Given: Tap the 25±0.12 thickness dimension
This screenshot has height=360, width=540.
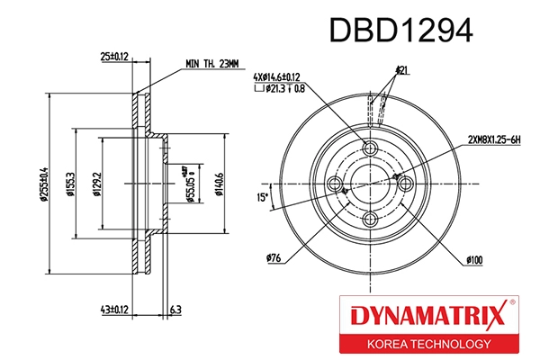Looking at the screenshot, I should click(x=114, y=56).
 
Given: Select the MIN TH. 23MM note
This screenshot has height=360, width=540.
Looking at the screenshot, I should click(x=211, y=64).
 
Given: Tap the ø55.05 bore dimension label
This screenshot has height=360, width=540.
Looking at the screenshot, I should click(x=190, y=184).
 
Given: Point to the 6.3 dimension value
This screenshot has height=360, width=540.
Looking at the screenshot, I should click(x=175, y=309).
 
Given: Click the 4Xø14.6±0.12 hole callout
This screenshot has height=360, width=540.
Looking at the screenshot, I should click(x=290, y=76).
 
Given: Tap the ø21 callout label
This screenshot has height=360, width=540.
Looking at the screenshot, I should click(x=401, y=69).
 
